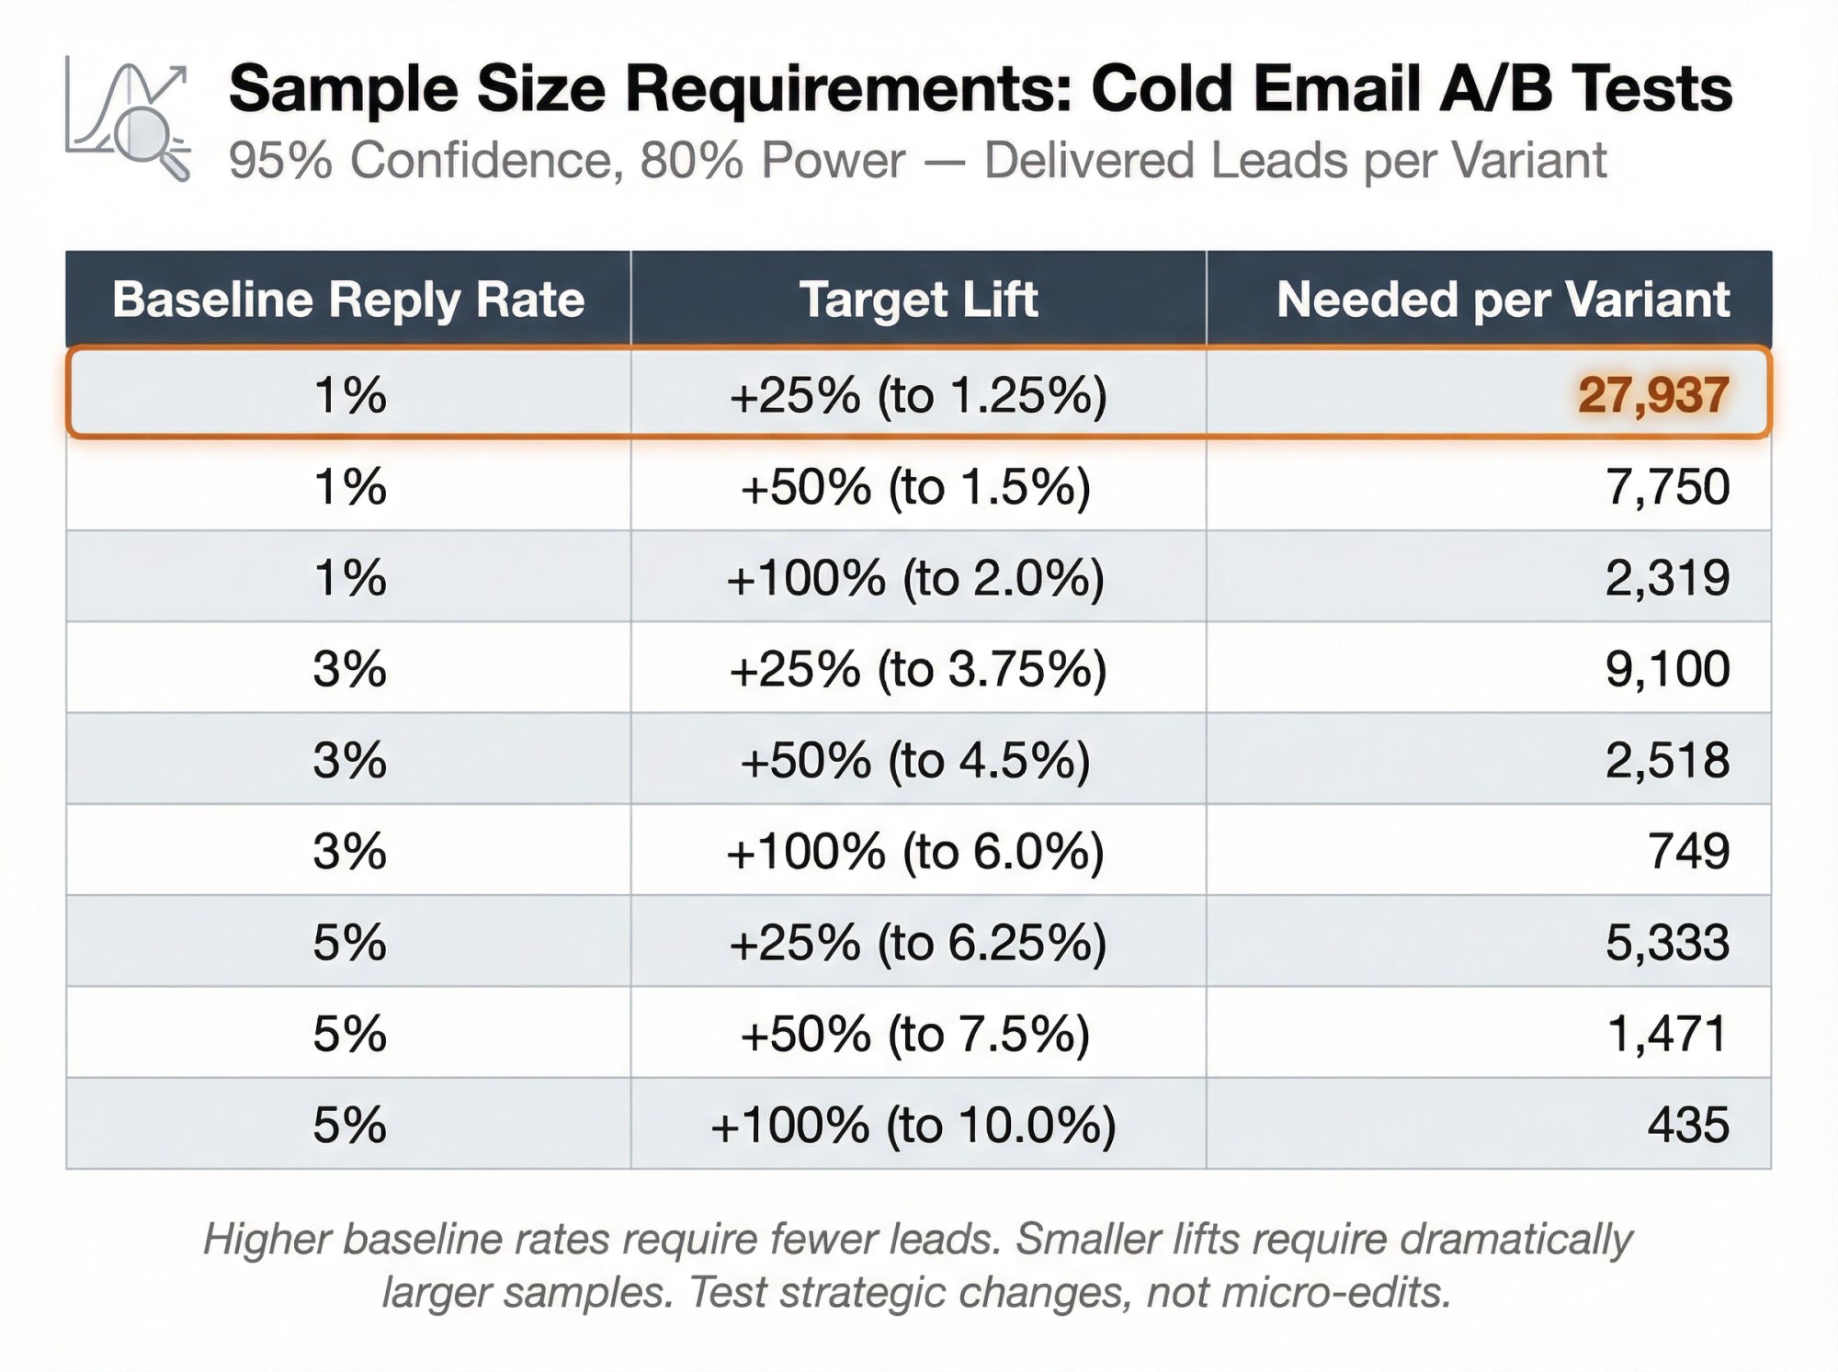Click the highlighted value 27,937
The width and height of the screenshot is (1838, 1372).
[1653, 395]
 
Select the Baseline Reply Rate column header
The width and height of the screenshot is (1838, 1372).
[348, 300]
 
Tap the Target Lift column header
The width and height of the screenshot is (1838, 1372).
[918, 300]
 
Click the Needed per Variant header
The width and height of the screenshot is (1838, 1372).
[1503, 300]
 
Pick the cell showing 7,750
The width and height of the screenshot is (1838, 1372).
[1667, 486]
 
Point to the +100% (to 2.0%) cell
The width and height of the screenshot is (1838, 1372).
[915, 578]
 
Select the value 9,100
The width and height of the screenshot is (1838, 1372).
[1667, 669]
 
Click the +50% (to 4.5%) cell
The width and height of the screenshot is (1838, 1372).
[915, 761]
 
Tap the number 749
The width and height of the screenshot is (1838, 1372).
[1688, 851]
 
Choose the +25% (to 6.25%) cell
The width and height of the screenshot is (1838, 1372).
[917, 943]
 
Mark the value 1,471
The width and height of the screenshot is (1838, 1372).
[1667, 1034]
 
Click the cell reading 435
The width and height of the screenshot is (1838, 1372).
[1688, 1125]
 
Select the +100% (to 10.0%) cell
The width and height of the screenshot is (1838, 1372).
[913, 1125]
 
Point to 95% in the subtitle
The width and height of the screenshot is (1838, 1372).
[280, 161]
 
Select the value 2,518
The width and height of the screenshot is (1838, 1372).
[1667, 761]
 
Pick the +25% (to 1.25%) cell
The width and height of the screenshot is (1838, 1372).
[917, 395]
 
